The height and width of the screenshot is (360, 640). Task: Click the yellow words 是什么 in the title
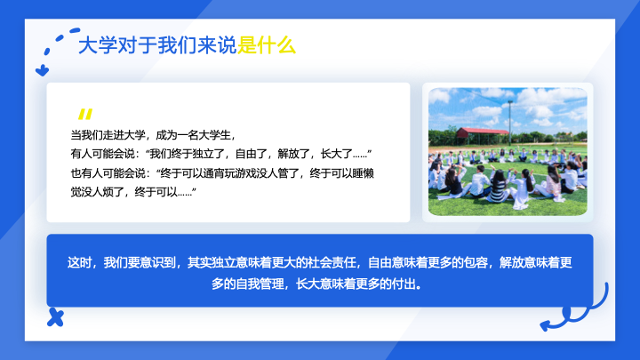(266, 45)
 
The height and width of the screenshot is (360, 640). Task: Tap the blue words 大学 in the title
(98, 45)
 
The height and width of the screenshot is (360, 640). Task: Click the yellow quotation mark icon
(85, 114)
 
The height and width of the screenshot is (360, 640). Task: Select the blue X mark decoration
(55, 317)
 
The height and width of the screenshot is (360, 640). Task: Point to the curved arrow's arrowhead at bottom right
(545, 325)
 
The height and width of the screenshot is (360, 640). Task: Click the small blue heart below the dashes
(42, 70)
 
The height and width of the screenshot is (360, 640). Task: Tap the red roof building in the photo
(482, 135)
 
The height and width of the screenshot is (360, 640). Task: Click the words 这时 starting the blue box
(79, 262)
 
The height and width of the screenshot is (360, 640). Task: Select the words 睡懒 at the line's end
(364, 173)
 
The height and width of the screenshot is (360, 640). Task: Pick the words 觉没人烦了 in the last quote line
(97, 192)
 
